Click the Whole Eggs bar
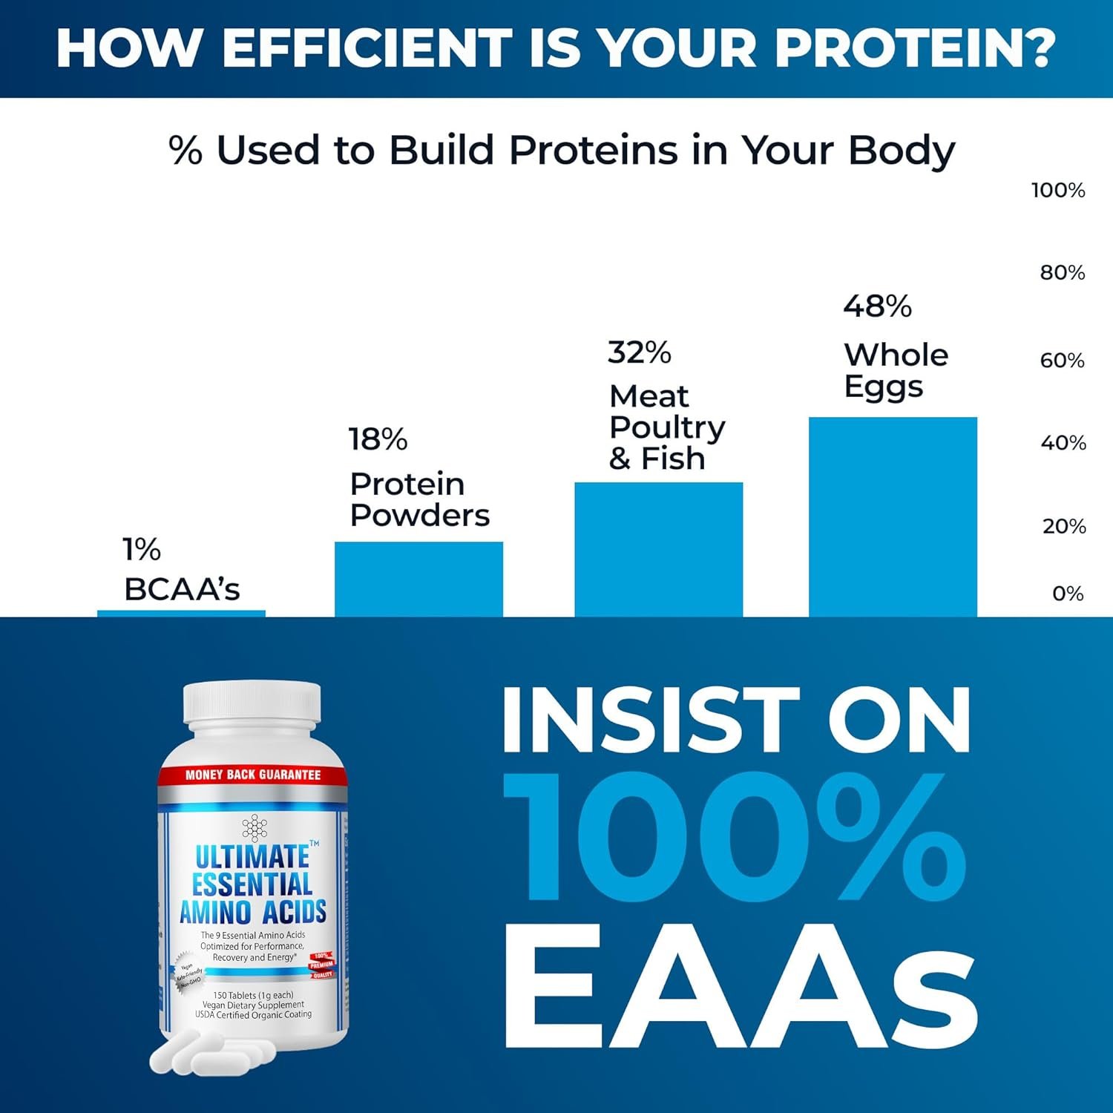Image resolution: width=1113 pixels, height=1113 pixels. point(893,516)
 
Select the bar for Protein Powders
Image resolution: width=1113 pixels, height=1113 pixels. point(418,579)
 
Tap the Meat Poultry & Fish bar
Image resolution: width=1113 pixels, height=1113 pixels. point(658,549)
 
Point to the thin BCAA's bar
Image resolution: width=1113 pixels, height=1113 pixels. point(181,614)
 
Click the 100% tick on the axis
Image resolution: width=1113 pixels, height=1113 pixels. point(1058,191)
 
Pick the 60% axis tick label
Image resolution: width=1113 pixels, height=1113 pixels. point(1062,361)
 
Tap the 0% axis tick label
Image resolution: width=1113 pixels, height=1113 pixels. point(1068,594)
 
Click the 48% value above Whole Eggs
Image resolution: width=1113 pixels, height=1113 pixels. point(877,306)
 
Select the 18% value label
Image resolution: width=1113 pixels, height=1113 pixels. point(378,439)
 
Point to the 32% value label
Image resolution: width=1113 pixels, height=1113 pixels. point(639,352)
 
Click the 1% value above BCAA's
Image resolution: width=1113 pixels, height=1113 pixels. point(141,550)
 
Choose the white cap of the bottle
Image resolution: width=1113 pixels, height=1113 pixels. point(252,702)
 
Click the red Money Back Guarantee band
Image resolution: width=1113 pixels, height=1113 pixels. point(252,775)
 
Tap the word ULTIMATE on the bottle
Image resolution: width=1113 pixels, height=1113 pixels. point(252,857)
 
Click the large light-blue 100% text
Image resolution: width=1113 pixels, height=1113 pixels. point(735,837)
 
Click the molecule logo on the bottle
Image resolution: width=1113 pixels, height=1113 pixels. point(255,827)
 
